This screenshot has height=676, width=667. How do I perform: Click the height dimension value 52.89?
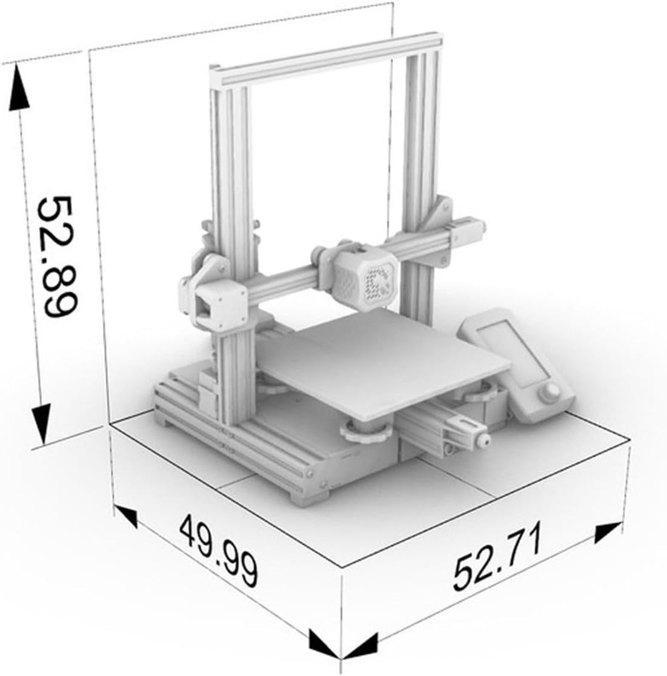57,257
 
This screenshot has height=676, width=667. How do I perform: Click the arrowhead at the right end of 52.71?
608,531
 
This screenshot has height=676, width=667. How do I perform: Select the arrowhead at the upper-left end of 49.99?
127,515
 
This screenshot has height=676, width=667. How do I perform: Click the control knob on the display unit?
549,393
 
